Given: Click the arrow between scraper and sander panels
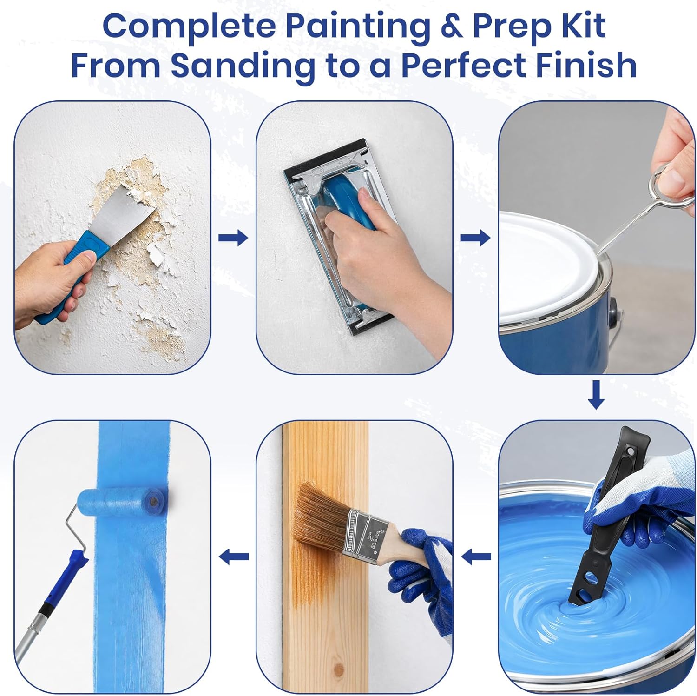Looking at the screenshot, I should (x=233, y=238).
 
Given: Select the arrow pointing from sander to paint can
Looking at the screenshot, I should (x=475, y=238).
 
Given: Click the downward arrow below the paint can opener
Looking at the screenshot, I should (x=596, y=395).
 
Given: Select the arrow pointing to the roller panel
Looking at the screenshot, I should (x=233, y=556).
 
